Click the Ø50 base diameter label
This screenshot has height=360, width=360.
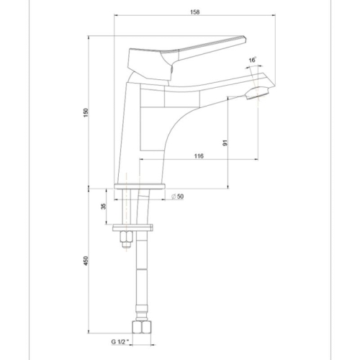[x=177, y=196]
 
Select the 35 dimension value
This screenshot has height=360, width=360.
[x=104, y=207]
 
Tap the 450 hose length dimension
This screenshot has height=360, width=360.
[x=85, y=264]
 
